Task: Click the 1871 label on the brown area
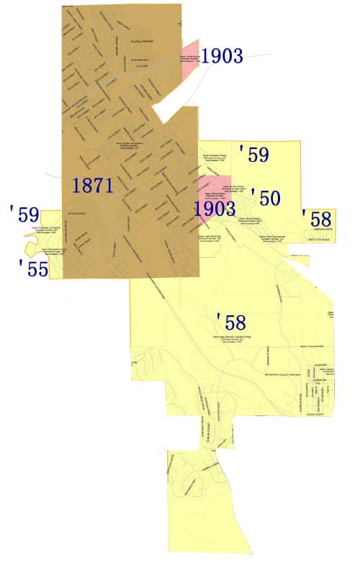coord(93,185)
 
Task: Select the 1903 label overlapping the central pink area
coord(215,209)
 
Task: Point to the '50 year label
coord(264,197)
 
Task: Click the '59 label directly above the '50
coord(254,154)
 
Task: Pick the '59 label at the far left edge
coord(24,214)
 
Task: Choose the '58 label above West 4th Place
coord(317,217)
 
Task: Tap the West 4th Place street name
coord(322,239)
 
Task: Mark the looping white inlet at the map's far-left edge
coord(32,249)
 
